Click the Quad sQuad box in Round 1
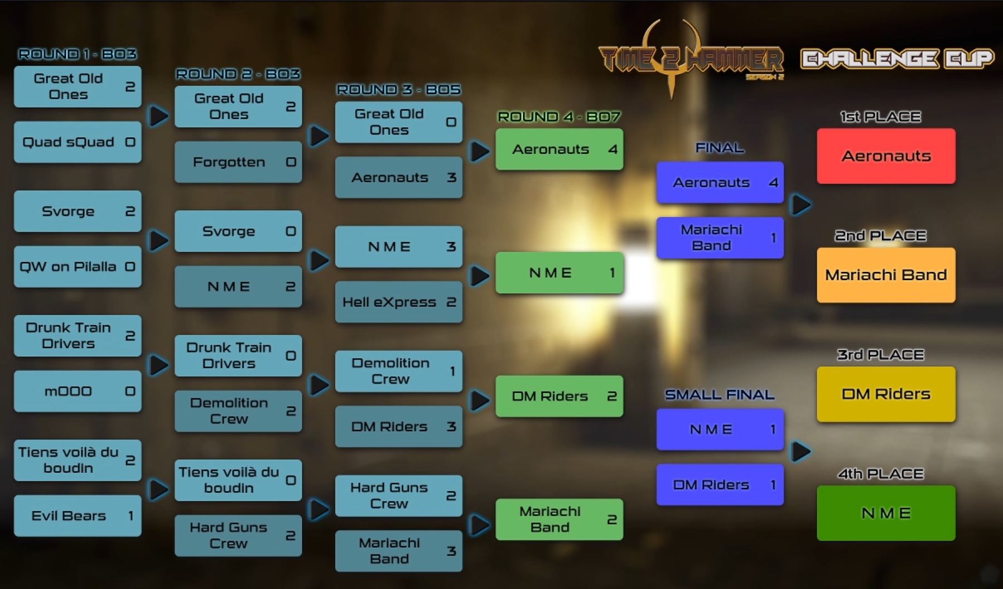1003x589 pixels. coord(78,142)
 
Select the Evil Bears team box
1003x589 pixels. coord(78,516)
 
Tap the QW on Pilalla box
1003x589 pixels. coord(78,267)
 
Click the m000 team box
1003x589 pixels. coord(78,392)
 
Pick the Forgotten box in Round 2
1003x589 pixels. coord(238,162)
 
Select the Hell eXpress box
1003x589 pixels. coord(398,302)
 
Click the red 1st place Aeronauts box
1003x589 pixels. coord(886,156)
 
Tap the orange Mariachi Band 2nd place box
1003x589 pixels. coord(886,275)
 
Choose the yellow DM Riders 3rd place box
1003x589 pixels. coord(886,394)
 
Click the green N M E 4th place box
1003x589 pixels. coord(886,513)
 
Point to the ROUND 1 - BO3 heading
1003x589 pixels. coord(78,54)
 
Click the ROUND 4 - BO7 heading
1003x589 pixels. coord(559,117)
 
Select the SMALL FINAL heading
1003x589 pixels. coord(720,395)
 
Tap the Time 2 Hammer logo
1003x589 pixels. coord(691,59)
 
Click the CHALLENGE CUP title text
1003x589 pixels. coord(897,59)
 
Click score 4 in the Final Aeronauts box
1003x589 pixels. coord(773,182)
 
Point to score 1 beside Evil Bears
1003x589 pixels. coord(131,516)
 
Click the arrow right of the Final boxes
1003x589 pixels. coord(801,205)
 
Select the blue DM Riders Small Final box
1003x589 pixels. coord(720,485)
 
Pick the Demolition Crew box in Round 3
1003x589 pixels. coord(398,371)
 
